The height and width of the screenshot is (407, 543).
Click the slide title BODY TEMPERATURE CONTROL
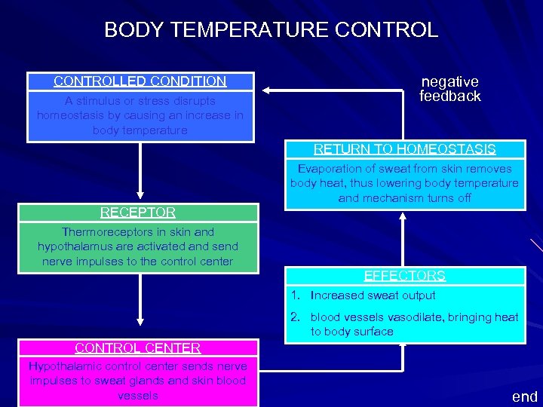click(271, 30)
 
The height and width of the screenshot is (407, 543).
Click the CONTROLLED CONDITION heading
click(140, 81)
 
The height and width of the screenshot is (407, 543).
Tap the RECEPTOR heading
click(138, 213)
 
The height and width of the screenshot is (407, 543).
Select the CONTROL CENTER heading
click(138, 348)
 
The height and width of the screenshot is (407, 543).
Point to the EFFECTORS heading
click(404, 276)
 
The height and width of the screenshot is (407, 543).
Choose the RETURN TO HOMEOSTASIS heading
click(404, 149)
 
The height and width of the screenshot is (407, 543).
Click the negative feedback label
click(449, 89)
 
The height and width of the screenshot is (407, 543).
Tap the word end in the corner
click(525, 396)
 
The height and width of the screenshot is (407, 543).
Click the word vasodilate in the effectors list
click(415, 317)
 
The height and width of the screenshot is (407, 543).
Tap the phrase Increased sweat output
click(373, 295)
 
